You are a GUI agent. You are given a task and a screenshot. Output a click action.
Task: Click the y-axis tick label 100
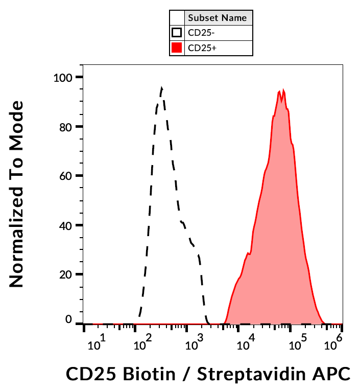tap(63, 78)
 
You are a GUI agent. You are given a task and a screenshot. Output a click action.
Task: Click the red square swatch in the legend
tap(177, 48)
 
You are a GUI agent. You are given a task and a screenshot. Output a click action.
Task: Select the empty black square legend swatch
tap(177, 33)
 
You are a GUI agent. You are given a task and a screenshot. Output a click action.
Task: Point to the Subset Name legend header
tap(218, 18)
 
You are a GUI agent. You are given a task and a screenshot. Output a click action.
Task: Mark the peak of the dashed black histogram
tap(161, 88)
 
